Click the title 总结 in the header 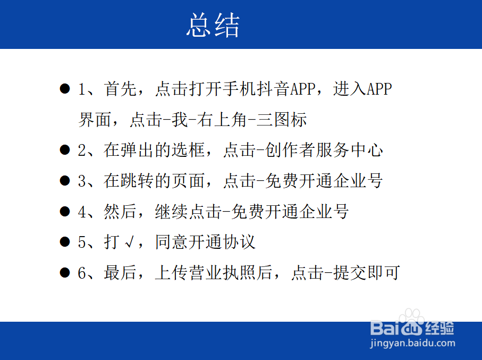[x=213, y=25]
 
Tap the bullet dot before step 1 [x=65, y=89]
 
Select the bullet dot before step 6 [x=65, y=273]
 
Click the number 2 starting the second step [x=82, y=150]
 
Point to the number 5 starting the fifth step [x=82, y=242]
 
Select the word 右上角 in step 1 [x=222, y=120]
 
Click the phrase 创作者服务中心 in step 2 [x=324, y=150]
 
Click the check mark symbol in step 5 [x=130, y=242]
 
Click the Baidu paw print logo [x=411, y=322]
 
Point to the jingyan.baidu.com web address [x=412, y=343]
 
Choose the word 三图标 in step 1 [x=282, y=120]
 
